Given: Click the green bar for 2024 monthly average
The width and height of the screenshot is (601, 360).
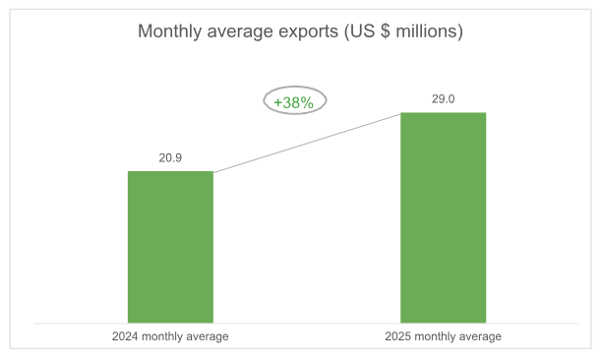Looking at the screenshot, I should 170,247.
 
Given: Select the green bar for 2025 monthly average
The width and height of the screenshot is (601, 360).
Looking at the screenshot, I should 443,217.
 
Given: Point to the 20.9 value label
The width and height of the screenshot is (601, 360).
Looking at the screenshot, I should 170,157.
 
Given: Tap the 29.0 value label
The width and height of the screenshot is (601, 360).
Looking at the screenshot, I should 443,98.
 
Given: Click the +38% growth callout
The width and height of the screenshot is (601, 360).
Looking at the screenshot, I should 294,101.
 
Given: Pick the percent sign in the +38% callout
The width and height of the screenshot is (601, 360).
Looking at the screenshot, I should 307,102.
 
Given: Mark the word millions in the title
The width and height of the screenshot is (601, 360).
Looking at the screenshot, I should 428,31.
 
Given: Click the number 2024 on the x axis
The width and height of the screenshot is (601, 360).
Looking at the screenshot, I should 126,337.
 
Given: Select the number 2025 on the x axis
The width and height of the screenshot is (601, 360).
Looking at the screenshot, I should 398,337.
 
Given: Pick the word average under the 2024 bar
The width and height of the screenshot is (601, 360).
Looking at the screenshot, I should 210,337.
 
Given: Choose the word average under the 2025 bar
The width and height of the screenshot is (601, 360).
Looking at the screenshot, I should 482,337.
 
